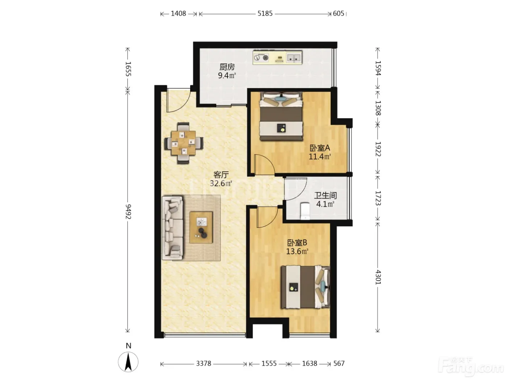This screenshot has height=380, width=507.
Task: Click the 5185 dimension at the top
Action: coord(265,14)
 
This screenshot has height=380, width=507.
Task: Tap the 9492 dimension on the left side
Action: coord(129,212)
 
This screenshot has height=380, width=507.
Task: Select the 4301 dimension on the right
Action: coord(378,277)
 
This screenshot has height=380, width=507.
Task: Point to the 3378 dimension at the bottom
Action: coord(204,363)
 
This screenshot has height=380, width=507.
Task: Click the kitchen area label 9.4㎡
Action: coord(227,75)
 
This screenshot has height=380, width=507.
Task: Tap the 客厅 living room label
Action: coord(221,175)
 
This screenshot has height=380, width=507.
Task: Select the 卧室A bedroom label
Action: coord(320,148)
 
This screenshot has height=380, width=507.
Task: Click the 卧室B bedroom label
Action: coord(297,243)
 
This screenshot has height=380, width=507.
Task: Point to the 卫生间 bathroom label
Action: coord(325,195)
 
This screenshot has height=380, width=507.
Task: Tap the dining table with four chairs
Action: coord(184,143)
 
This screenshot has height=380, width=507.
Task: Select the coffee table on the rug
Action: coord(201,228)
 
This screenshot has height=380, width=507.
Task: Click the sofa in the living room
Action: coord(172,228)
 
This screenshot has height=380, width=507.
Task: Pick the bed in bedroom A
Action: coord(281,116)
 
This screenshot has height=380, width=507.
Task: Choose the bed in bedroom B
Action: coord(305,287)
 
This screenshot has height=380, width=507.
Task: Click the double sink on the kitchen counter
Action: coord(294,58)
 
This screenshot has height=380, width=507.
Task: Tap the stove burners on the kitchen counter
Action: coord(261,57)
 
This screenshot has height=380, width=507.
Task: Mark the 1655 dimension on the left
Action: coord(129,69)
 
